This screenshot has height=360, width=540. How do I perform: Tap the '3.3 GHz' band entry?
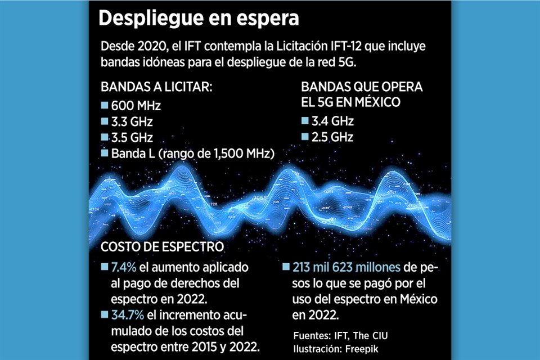pos(132,121)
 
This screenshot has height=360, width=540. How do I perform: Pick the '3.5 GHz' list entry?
pos(132,137)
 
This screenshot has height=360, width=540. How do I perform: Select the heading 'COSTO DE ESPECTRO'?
pos(162,247)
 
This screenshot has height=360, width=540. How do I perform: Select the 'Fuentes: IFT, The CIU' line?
pos(341,336)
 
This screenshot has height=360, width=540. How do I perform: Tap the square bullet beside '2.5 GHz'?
pos(305,136)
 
